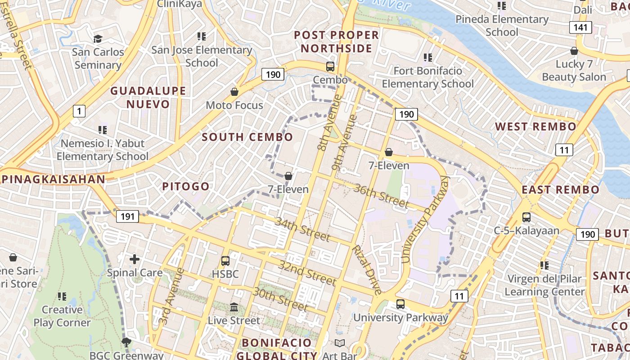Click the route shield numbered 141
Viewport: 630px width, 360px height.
point(580,27)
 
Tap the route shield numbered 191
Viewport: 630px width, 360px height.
point(127,216)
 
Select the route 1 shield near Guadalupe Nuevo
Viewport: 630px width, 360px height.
point(79,111)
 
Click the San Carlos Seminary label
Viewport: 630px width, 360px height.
point(98,58)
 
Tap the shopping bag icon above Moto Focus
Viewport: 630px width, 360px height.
point(234,92)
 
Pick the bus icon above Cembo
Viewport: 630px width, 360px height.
point(330,67)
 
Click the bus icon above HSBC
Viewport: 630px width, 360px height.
point(225,261)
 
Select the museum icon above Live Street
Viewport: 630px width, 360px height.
point(234,307)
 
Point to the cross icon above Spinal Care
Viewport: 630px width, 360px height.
point(134,259)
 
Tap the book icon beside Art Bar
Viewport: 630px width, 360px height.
point(340,343)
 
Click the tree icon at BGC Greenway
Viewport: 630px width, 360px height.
point(126,342)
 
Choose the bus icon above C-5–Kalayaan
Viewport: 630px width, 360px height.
point(526,218)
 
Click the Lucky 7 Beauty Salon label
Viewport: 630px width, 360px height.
point(574,71)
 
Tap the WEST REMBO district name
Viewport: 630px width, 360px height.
point(535,127)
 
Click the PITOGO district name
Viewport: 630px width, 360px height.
point(186,186)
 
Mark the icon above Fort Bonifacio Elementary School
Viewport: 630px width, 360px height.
point(427,58)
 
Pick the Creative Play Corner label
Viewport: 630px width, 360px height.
point(62,316)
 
